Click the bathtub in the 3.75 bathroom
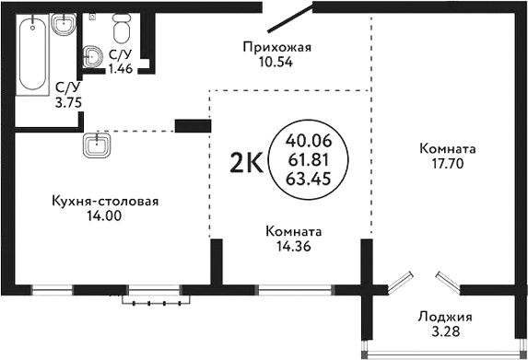pyautogui.click(x=32, y=53)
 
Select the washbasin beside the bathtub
pyautogui.click(x=64, y=25)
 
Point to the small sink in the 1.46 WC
pyautogui.click(x=93, y=57)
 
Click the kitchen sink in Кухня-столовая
pyautogui.click(x=95, y=145)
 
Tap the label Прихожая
pyautogui.click(x=273, y=47)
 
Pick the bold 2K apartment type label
pyautogui.click(x=245, y=163)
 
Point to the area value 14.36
pyautogui.click(x=292, y=246)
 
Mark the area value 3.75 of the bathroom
pyautogui.click(x=67, y=102)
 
